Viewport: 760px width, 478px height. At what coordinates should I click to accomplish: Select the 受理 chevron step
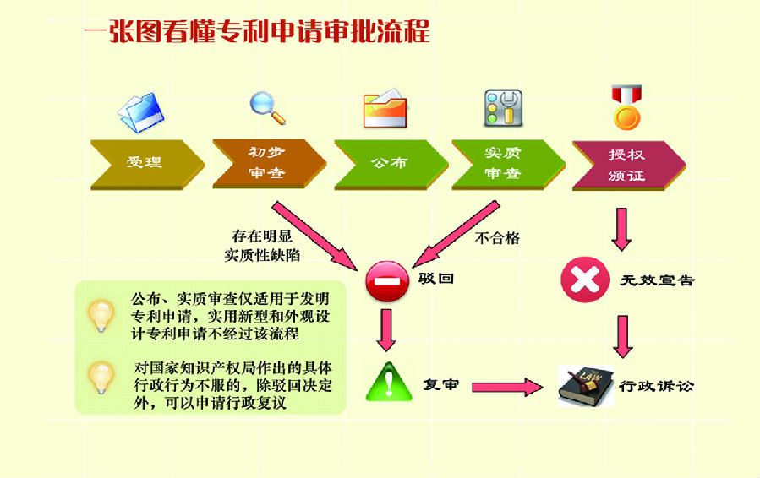(x=145, y=164)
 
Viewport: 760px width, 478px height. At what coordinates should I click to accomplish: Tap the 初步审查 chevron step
(x=267, y=163)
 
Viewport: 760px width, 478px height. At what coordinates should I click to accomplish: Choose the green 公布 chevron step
(x=389, y=164)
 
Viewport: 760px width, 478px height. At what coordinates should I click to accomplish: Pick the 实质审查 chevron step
(x=506, y=163)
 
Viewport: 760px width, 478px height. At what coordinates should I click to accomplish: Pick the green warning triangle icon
(x=389, y=383)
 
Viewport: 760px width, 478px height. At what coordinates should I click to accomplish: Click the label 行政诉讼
(x=656, y=387)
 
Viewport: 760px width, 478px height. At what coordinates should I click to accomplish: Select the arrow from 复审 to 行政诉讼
(x=506, y=387)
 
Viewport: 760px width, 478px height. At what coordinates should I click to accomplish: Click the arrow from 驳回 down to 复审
(x=387, y=329)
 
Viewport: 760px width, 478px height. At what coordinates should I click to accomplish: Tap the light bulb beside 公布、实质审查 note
(x=101, y=315)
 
